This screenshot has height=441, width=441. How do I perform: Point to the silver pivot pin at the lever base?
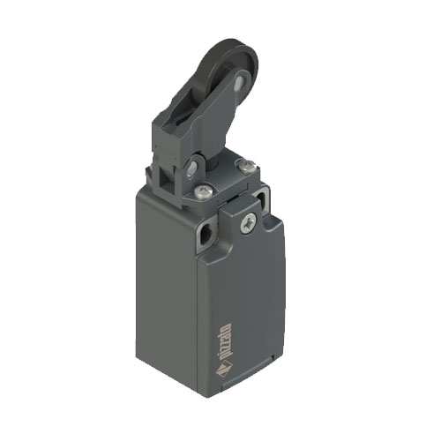click(x=192, y=168)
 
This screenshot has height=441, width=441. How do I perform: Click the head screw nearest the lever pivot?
click(x=204, y=191)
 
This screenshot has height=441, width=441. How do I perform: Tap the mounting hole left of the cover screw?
click(x=206, y=235)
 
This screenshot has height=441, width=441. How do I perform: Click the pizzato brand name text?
click(x=225, y=342)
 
